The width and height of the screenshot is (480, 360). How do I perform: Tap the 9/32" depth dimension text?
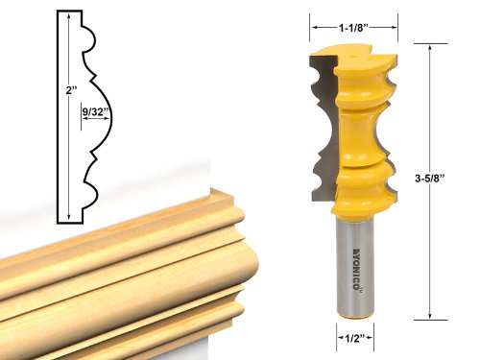(93, 112)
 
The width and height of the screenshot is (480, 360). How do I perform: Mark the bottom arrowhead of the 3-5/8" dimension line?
(429, 314)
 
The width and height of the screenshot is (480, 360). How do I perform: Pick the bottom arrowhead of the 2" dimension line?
(70, 219)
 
